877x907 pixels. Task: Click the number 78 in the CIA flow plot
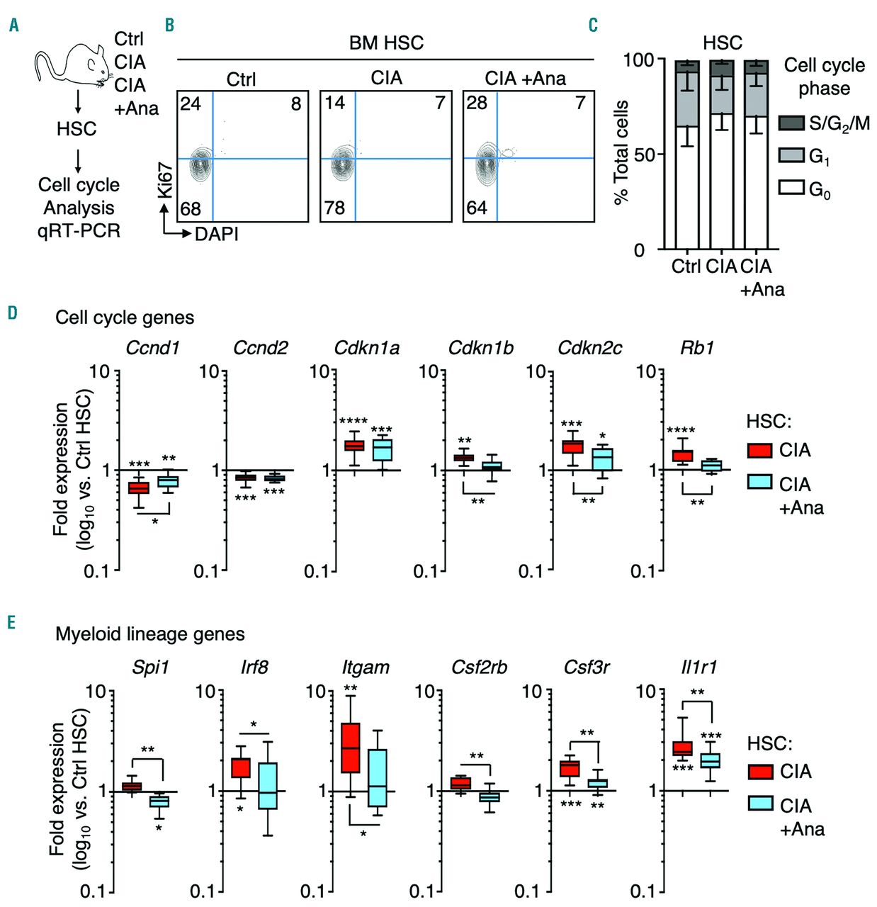pos(335,208)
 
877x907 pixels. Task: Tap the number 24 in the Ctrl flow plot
pos(191,104)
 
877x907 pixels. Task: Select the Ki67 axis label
pos(165,181)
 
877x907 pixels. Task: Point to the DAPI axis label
pos(217,233)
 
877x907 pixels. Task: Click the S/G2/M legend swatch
pos(791,123)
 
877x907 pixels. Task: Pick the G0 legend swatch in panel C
pos(791,188)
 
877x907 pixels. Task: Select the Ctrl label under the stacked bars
pos(686,267)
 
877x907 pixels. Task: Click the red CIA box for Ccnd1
pos(139,488)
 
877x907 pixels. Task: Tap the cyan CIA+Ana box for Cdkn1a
pos(383,450)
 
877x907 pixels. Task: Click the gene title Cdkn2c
pos(590,348)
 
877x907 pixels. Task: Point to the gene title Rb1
pos(697,348)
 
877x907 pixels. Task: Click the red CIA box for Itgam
pos(351,748)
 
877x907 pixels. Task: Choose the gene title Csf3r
pos(587,667)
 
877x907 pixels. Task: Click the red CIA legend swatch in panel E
pos(761,772)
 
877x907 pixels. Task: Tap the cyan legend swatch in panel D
pos(760,483)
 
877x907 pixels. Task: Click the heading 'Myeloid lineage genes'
pos(150,634)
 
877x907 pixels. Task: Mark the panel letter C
pos(593,26)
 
